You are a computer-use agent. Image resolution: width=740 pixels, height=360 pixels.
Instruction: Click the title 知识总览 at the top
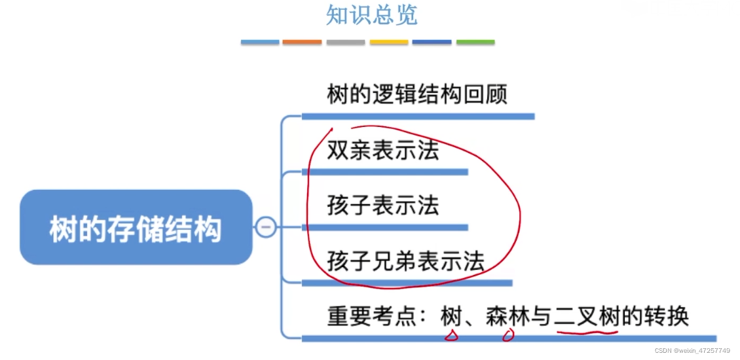371,15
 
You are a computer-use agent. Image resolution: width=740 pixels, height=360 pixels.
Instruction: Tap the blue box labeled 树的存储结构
136,228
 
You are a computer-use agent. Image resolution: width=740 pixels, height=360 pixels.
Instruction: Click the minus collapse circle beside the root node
266,227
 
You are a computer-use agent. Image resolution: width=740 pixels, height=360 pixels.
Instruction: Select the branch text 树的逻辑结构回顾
417,96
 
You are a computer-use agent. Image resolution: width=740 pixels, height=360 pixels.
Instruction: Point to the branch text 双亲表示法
383,151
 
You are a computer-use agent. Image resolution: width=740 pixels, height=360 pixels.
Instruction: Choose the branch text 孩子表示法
383,206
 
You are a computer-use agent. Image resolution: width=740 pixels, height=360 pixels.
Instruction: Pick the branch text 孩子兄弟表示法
406,261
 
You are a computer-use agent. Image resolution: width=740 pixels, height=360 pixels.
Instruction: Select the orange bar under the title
302,42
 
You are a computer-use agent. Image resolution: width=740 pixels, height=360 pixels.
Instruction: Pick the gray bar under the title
345,42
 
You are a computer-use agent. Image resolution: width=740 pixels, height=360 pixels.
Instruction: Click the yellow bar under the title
389,42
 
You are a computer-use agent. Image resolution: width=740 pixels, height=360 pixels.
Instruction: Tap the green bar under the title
475,42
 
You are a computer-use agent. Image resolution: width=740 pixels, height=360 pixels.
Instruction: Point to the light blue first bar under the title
260,42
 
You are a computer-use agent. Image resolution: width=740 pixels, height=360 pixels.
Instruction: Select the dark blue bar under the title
432,42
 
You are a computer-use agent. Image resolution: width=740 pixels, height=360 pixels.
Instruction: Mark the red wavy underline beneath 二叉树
587,333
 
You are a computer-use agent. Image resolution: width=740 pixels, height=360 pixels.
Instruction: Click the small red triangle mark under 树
451,336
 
